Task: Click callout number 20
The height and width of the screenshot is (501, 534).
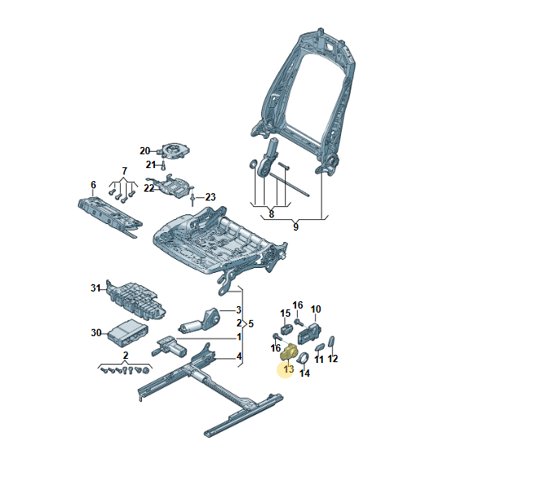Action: pyautogui.click(x=144, y=150)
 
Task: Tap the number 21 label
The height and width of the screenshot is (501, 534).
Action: pyautogui.click(x=151, y=165)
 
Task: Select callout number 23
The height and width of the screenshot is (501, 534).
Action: pyautogui.click(x=210, y=197)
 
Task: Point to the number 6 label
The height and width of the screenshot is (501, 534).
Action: pyautogui.click(x=93, y=184)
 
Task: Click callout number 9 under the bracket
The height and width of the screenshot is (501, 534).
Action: pyautogui.click(x=295, y=227)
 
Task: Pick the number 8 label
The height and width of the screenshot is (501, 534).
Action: pyautogui.click(x=271, y=214)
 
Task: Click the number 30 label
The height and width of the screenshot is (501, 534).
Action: pyautogui.click(x=96, y=332)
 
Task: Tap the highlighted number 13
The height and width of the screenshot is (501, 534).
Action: pyautogui.click(x=287, y=370)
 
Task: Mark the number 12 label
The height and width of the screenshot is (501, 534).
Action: pyautogui.click(x=333, y=359)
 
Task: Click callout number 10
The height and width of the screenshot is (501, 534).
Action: pyautogui.click(x=316, y=309)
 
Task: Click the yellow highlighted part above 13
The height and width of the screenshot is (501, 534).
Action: pyautogui.click(x=287, y=352)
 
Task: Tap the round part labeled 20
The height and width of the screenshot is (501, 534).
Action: pyautogui.click(x=175, y=151)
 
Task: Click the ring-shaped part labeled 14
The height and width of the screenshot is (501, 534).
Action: pyautogui.click(x=302, y=359)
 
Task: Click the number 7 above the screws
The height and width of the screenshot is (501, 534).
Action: pyautogui.click(x=124, y=171)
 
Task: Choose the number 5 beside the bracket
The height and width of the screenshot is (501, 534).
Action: pyautogui.click(x=251, y=322)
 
